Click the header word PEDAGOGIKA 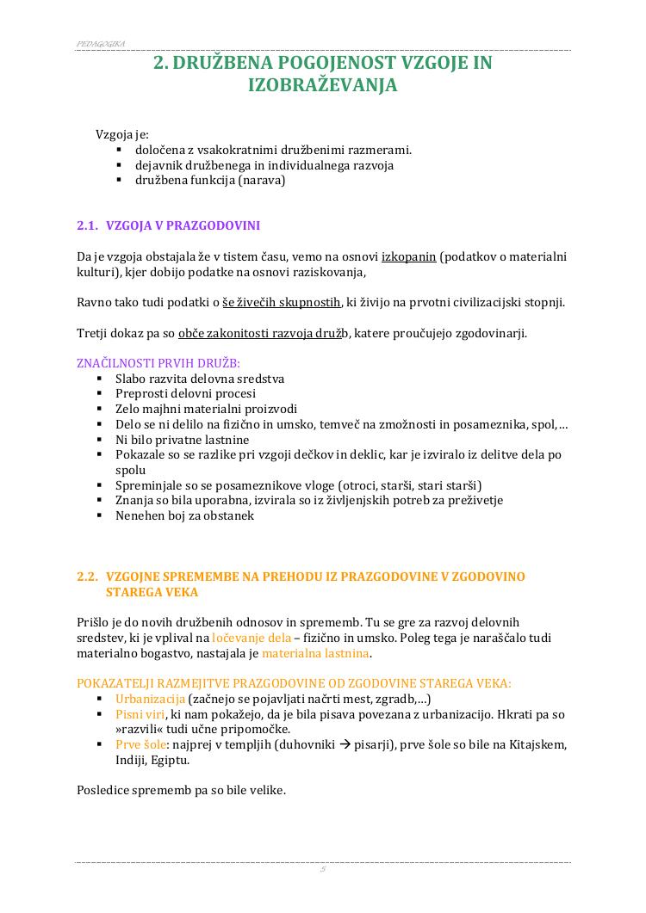click(101, 43)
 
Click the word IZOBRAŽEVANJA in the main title click(322, 86)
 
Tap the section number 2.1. click(88, 225)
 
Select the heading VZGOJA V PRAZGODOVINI click(183, 225)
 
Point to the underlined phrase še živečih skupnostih click(282, 302)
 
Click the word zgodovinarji click(489, 333)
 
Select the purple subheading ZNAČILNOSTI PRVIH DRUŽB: click(158, 362)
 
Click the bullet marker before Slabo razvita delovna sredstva click(99, 379)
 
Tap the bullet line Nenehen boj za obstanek click(184, 516)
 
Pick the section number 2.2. click(88, 577)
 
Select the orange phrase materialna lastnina click(315, 653)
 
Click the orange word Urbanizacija click(150, 700)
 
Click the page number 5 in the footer click(322, 870)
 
